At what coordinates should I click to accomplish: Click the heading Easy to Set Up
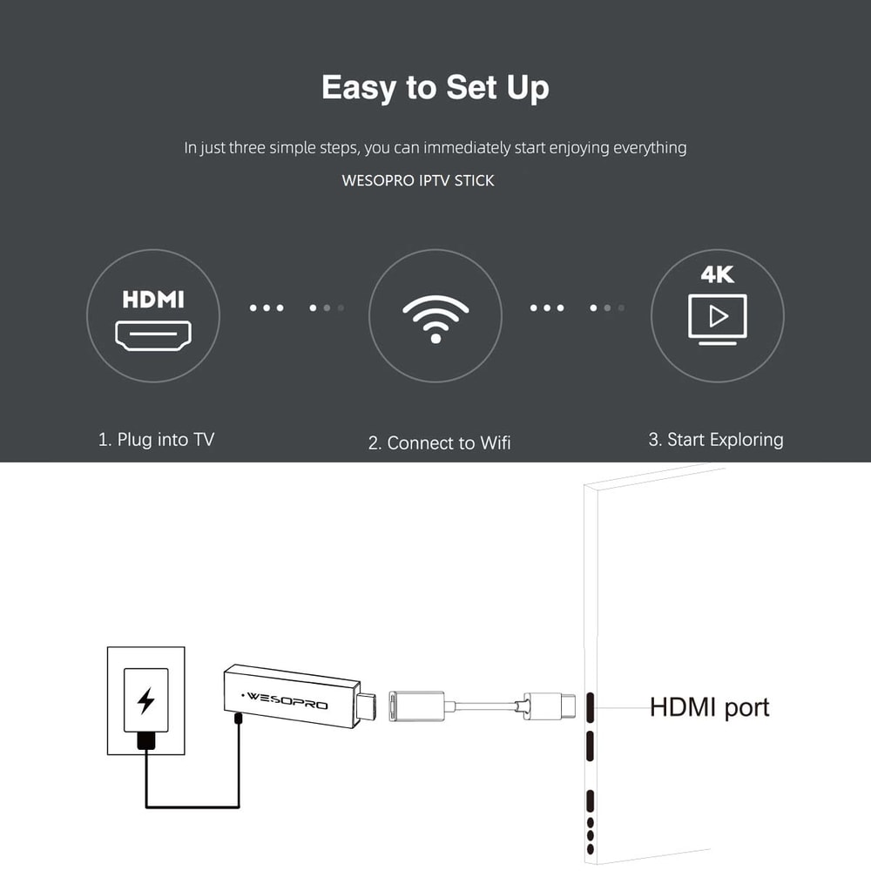(x=435, y=88)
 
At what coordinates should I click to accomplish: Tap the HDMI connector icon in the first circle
(x=153, y=334)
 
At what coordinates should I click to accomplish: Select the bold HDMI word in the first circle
(x=153, y=300)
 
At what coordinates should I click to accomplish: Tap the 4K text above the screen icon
(x=717, y=275)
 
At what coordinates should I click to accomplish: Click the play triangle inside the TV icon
(x=718, y=315)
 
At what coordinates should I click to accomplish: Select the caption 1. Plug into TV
(x=156, y=439)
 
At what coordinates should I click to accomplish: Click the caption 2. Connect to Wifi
(x=439, y=442)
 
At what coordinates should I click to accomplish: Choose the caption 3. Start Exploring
(x=715, y=439)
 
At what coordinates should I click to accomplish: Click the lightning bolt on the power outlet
(x=145, y=700)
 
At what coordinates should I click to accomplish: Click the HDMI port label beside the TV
(x=709, y=706)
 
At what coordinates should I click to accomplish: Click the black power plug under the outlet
(x=145, y=741)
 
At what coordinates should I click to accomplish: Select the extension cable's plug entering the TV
(x=557, y=704)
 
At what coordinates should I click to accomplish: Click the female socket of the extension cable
(x=417, y=703)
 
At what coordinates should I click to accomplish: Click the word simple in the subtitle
(x=300, y=147)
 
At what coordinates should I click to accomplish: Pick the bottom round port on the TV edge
(x=590, y=848)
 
